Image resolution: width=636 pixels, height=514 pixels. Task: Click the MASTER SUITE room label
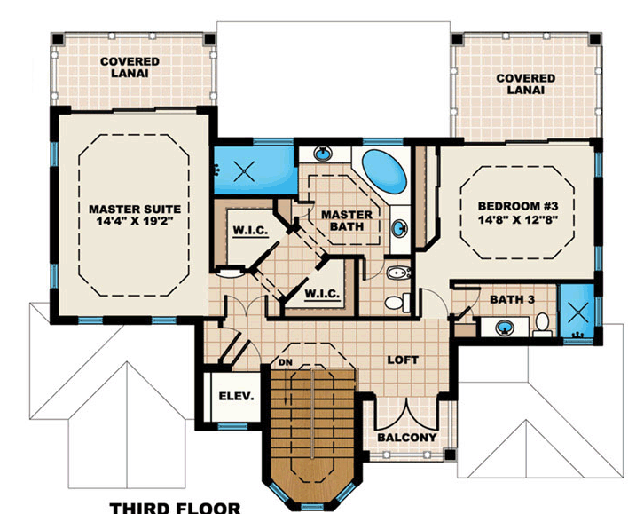135,210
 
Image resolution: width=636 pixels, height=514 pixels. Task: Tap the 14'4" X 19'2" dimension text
135,221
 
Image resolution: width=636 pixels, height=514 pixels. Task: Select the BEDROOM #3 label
518,206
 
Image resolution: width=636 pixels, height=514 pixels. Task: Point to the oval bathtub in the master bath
384,171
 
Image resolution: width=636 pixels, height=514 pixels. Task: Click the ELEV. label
237,396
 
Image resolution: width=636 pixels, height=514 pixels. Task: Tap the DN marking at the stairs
286,362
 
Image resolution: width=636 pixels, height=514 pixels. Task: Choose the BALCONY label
407,438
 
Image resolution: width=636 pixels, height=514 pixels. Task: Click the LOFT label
403,360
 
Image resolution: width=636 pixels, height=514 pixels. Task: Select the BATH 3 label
512,300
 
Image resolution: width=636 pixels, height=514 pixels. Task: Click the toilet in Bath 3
542,325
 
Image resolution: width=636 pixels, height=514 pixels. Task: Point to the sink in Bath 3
505,327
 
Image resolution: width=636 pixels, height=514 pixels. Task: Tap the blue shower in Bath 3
577,312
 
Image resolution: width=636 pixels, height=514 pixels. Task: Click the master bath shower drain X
245,171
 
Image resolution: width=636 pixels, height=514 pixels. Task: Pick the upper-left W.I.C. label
250,231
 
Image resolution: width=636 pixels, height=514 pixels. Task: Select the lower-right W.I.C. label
322,293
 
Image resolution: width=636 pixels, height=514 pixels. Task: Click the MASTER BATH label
347,220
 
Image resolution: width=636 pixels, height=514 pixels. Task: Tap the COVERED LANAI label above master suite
130,67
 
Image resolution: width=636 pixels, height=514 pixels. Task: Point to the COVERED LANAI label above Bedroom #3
526,84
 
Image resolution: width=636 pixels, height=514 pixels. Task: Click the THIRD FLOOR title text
176,508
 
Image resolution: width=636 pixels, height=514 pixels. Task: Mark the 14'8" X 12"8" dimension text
518,219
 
